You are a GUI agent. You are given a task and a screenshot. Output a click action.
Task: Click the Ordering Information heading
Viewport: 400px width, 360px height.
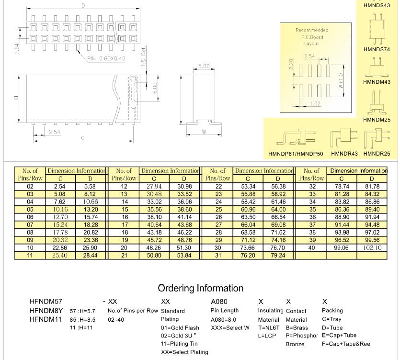(x=201, y=288)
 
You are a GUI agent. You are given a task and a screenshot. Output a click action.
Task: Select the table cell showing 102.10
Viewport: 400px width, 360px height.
(x=372, y=248)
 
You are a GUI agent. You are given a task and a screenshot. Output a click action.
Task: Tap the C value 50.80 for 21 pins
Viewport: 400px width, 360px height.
(x=154, y=256)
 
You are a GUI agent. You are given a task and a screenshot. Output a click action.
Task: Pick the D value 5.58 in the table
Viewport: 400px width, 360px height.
(x=90, y=186)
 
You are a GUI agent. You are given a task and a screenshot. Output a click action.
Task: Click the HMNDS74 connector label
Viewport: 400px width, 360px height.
(x=377, y=49)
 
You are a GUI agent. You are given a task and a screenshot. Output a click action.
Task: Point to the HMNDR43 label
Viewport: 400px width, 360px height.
(x=344, y=154)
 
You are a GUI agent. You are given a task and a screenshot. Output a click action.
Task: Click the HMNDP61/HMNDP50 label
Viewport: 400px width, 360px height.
(x=296, y=154)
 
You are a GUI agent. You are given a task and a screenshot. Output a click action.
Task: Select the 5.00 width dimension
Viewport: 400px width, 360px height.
(x=204, y=67)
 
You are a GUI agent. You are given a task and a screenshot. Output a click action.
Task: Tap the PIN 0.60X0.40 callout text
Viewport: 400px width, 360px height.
(x=106, y=59)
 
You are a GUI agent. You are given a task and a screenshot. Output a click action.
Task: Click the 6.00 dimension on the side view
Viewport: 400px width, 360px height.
(x=155, y=88)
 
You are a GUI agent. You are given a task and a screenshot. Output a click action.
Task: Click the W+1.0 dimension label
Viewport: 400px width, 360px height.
(x=341, y=81)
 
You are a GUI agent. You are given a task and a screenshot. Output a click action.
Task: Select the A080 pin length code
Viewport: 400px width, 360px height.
(x=219, y=302)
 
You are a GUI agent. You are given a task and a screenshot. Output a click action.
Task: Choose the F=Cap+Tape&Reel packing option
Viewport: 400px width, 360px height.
(x=347, y=344)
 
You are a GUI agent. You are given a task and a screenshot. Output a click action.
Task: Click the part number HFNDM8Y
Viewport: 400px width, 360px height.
(x=46, y=310)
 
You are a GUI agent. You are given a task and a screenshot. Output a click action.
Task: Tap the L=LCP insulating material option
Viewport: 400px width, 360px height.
(x=267, y=336)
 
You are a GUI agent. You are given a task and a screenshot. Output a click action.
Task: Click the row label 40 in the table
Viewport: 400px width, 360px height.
(x=312, y=248)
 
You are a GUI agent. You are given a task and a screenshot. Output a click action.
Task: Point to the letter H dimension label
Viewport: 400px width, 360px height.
(x=16, y=98)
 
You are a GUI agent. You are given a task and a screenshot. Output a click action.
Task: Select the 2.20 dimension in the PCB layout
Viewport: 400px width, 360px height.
(x=291, y=64)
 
